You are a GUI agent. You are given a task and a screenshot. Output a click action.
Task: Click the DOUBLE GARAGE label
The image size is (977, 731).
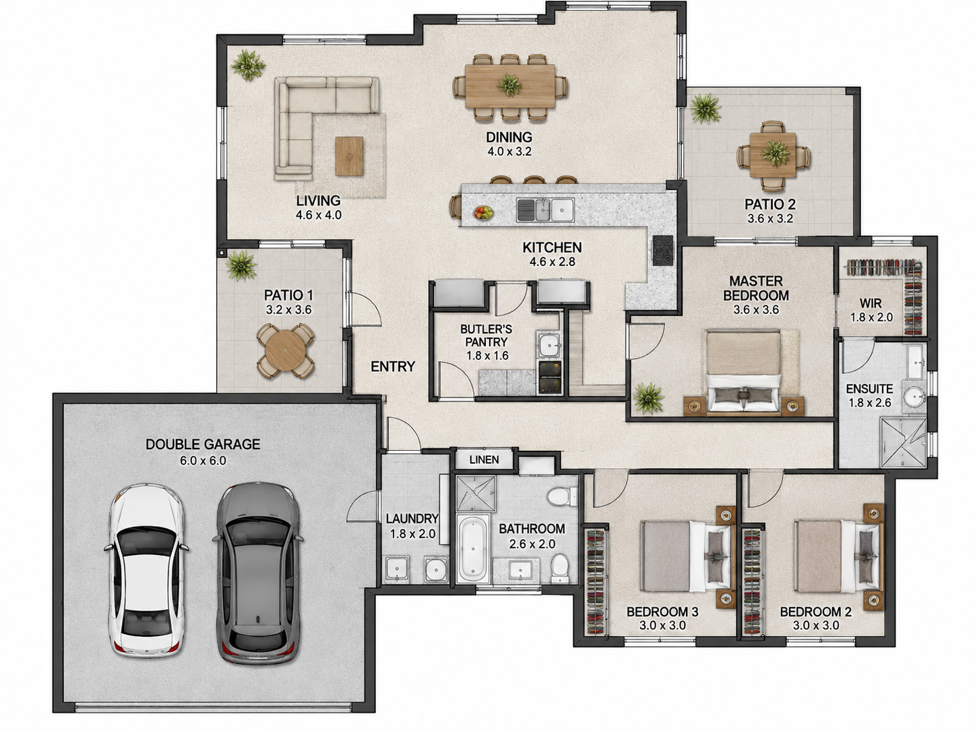point(203,444)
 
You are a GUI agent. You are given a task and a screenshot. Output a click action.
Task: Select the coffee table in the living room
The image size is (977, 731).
point(350,156)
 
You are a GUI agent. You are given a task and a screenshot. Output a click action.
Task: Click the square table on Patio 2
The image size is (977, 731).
point(773,155)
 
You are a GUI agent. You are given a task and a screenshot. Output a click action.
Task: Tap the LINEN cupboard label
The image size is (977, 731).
point(484,459)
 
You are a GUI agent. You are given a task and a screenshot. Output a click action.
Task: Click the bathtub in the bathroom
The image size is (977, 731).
point(473,547)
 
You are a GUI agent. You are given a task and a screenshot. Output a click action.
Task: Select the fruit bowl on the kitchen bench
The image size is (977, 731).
point(483,213)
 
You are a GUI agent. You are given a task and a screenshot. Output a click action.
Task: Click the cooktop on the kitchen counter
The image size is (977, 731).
point(663,251)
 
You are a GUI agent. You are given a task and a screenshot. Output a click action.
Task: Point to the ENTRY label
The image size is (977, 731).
point(393,367)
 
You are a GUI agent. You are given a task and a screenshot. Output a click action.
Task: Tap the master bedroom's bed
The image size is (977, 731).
point(743,370)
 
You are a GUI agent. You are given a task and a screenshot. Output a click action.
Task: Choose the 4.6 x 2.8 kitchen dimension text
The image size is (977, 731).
point(553,261)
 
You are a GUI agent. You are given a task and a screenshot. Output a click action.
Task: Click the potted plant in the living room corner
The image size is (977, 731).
point(248,65)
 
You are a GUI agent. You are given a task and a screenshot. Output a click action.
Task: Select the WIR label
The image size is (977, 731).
point(871,303)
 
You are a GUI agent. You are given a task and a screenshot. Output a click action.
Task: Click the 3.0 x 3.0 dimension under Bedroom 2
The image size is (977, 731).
point(816,625)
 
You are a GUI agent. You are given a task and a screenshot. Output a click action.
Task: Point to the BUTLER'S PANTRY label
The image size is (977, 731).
point(486,336)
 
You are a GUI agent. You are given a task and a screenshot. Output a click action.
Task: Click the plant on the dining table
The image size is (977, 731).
point(509,84)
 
